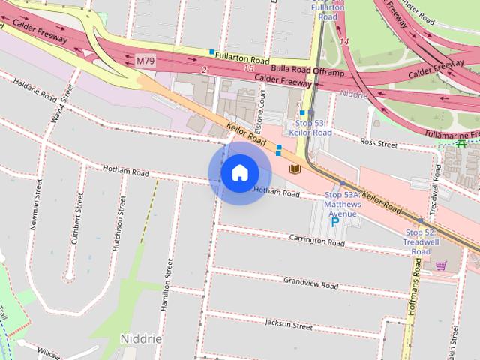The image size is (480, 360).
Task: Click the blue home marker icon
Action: [x=238, y=172]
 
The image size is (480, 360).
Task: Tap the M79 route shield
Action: [x=145, y=58]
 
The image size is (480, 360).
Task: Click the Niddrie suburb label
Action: [x=141, y=338]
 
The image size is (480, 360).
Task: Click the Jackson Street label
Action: [x=289, y=325]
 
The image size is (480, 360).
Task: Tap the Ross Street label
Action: [x=378, y=142]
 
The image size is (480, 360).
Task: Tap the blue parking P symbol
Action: [x=334, y=222]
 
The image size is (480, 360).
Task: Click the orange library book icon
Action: [x=295, y=169]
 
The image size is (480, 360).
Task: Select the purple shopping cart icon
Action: [x=440, y=265]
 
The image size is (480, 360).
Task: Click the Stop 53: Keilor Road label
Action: [x=310, y=127]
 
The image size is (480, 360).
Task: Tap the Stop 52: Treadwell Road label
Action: [x=421, y=241]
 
